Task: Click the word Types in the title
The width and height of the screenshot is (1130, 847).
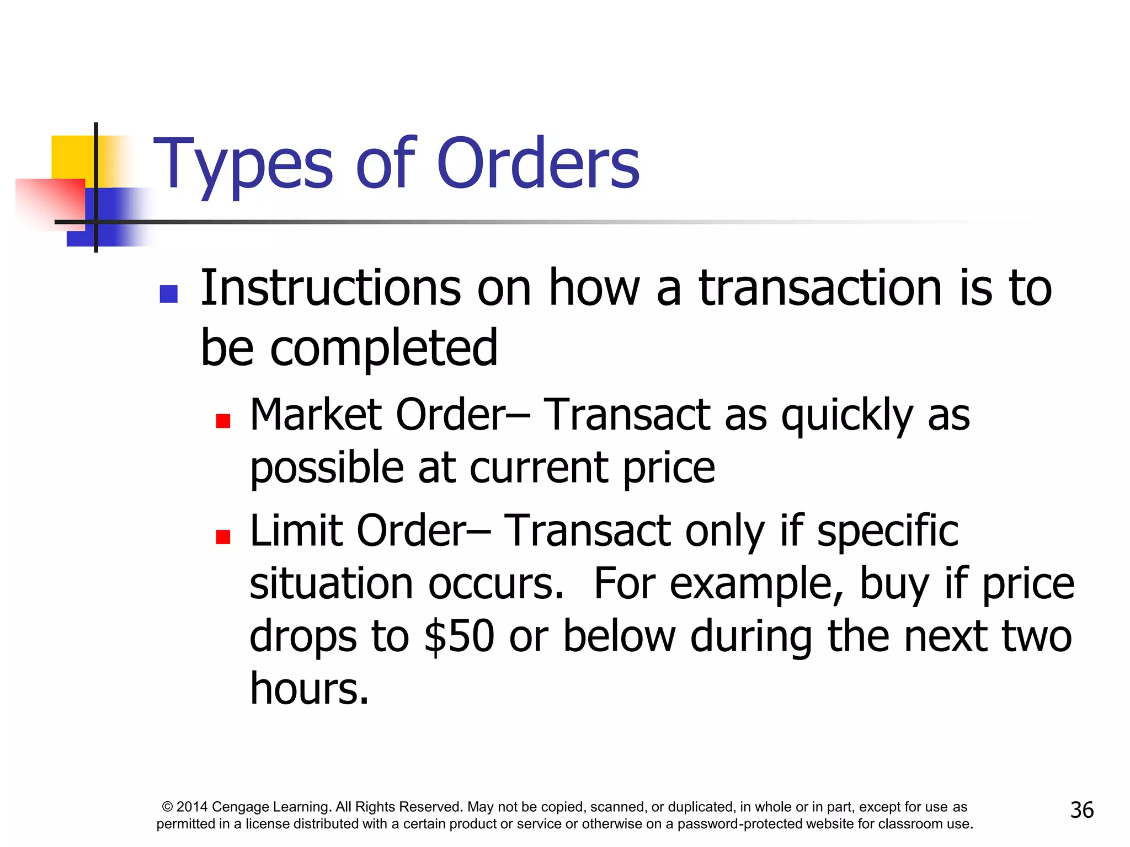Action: coord(243,164)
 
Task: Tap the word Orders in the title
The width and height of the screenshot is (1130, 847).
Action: coord(538,163)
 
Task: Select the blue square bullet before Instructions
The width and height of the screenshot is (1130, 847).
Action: coord(168,294)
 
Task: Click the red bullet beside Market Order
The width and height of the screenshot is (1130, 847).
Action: coord(223,421)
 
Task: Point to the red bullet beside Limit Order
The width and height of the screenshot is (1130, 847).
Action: coord(223,537)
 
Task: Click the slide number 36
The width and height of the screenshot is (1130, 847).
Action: coord(1081,810)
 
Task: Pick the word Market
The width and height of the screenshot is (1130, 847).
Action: coord(316,415)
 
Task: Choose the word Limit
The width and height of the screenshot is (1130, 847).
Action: coord(296,530)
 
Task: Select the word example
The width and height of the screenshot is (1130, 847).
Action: coord(754,584)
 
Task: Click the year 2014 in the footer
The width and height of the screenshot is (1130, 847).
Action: coord(192,807)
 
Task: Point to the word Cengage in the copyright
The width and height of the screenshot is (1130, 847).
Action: coord(239,807)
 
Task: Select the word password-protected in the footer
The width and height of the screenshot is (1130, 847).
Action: coord(740,824)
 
